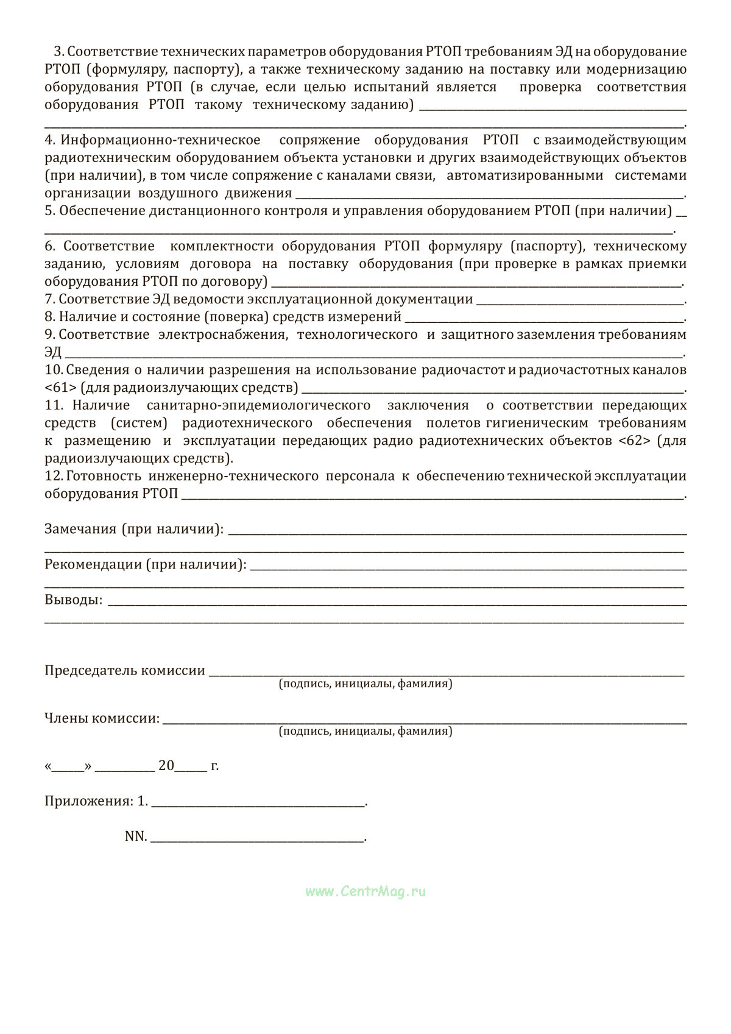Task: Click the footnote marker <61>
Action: (60, 388)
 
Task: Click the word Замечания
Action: (80, 529)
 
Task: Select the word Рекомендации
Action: (93, 564)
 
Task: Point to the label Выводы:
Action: (73, 600)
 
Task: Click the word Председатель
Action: (91, 670)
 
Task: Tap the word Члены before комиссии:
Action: (66, 718)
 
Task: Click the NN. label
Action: (136, 837)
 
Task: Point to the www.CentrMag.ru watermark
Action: (365, 891)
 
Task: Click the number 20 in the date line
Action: (166, 766)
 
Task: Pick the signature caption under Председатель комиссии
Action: (365, 684)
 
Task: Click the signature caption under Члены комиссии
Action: (365, 731)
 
